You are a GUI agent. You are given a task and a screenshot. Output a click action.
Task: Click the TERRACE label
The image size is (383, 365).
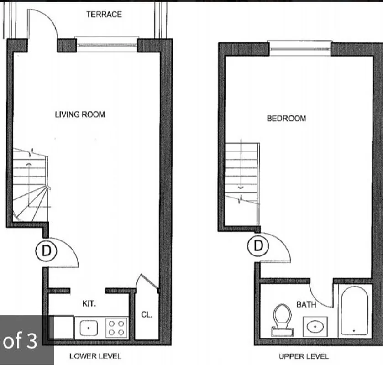[104, 15]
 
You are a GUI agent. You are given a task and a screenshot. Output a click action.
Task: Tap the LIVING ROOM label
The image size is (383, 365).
[80, 115]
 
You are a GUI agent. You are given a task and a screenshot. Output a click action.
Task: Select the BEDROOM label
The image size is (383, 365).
[286, 119]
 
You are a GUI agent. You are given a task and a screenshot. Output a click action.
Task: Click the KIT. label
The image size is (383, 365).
[89, 303]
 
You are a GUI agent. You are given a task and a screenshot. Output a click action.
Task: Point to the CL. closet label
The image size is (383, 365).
[147, 315]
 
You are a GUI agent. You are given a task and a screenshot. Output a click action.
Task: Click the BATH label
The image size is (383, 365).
[306, 304]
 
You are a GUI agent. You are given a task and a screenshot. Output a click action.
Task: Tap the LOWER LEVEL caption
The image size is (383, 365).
[95, 356]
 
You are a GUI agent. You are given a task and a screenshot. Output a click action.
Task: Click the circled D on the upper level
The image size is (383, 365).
[258, 246]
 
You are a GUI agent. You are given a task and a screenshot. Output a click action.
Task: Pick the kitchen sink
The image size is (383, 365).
[89, 327]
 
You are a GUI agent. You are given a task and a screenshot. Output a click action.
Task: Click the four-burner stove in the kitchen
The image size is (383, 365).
[116, 328]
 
